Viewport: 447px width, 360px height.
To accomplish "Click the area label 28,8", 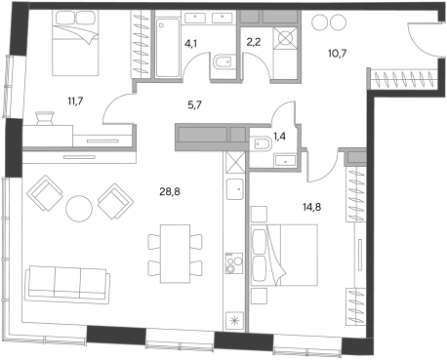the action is pos(170,192).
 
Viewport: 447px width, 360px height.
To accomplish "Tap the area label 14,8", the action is pos(312,207).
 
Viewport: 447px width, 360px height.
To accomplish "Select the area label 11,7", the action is pos(75,101).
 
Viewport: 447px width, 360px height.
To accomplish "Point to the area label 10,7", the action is pos(338,53).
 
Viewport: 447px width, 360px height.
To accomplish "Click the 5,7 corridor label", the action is pos(194,105).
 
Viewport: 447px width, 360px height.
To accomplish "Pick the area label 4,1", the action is pos(190,43).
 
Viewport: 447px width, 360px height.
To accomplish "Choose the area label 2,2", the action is pos(254,42).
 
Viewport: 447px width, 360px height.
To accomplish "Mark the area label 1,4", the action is pos(279,137).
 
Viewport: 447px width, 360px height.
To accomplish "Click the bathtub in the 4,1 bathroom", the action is pos(168,48).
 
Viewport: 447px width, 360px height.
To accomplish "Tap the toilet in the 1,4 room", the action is pos(262,143).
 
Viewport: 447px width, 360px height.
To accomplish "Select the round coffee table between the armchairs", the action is pos(79,209).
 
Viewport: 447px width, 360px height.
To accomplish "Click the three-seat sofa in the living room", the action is pos(67,285).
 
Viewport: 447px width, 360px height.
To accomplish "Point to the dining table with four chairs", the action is pos(175,254).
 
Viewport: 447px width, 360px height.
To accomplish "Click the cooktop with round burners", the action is pos(234,263).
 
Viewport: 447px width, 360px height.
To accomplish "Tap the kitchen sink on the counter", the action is pos(234,188).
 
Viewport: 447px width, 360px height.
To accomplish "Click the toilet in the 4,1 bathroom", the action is pos(224,61).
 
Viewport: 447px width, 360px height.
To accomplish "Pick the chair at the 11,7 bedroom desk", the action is pos(44,118).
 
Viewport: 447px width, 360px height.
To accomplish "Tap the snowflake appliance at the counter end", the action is pos(234,321).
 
